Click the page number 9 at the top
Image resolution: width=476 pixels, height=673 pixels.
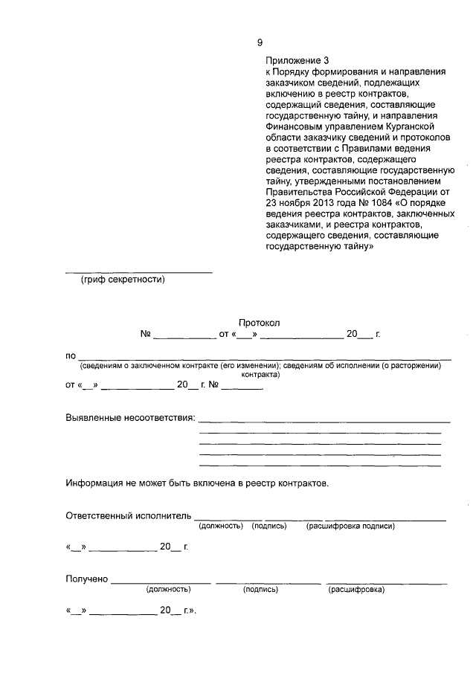tap(260, 42)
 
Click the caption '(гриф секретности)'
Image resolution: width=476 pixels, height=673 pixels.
tap(123, 280)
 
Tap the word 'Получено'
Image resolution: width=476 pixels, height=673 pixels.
tap(88, 579)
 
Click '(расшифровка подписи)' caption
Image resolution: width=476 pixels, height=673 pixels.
tap(350, 527)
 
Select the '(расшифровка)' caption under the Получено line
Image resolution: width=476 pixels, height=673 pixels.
tap(357, 590)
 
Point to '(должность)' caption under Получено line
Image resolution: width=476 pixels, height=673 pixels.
tap(169, 590)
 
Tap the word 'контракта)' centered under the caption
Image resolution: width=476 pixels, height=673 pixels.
tap(260, 375)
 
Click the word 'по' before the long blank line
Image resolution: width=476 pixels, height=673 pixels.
tap(71, 355)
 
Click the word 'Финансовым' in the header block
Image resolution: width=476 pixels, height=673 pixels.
tap(293, 127)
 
